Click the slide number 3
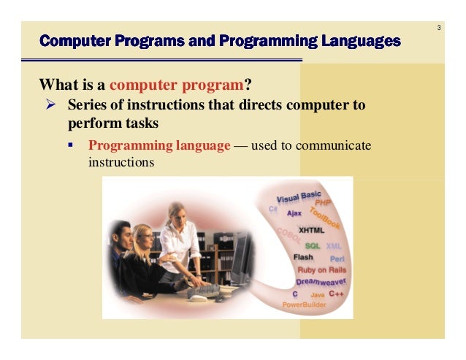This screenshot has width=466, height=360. (439, 28)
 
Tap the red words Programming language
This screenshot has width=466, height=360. (159, 145)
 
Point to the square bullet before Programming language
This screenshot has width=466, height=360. (72, 145)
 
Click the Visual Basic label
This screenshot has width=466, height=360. (298, 196)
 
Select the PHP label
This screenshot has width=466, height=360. (323, 202)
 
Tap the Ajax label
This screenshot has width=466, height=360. (294, 213)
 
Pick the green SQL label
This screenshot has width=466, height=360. (313, 245)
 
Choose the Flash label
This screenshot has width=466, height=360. (303, 257)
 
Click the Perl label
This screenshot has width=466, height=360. (337, 258)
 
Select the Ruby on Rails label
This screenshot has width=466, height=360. (322, 270)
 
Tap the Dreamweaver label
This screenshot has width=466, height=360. (321, 281)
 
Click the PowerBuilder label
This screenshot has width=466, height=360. (305, 303)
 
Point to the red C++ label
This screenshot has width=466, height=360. (337, 293)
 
